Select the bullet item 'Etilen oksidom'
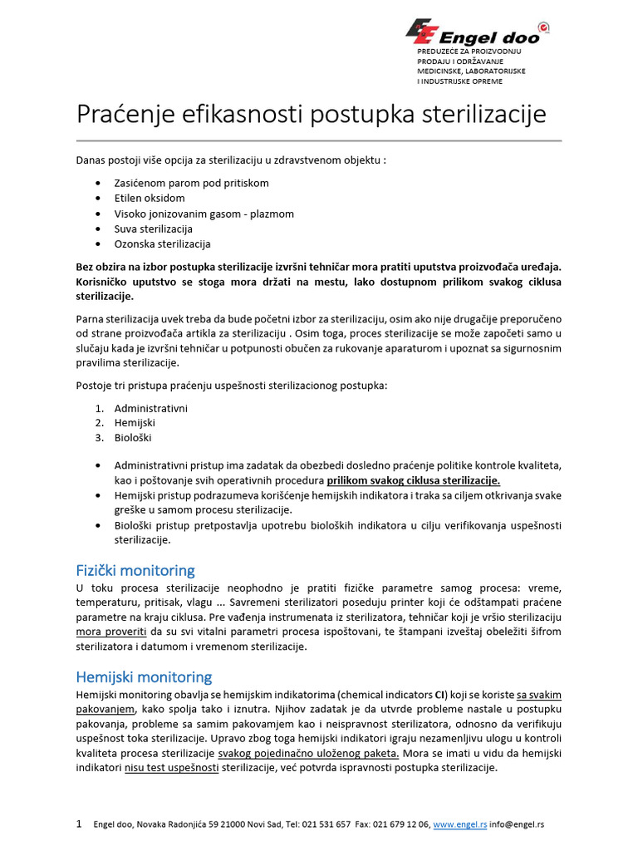point(150,199)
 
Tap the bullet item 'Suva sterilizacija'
point(154,229)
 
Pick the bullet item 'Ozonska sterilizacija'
point(163,244)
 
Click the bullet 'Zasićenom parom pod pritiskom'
point(192,183)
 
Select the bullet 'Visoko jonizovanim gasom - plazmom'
point(204,214)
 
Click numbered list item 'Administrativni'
point(151,408)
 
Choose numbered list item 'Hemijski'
point(135,423)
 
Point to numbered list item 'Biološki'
point(134,438)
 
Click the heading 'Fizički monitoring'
point(135,570)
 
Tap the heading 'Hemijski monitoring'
point(144,676)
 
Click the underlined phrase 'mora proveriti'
point(107,632)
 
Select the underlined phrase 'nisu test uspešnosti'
point(172,768)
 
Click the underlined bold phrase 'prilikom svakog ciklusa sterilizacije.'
point(414,480)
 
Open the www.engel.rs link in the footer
point(460,824)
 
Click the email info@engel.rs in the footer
point(518,824)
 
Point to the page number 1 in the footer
point(79,824)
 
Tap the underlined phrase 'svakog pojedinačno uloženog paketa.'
point(308,753)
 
